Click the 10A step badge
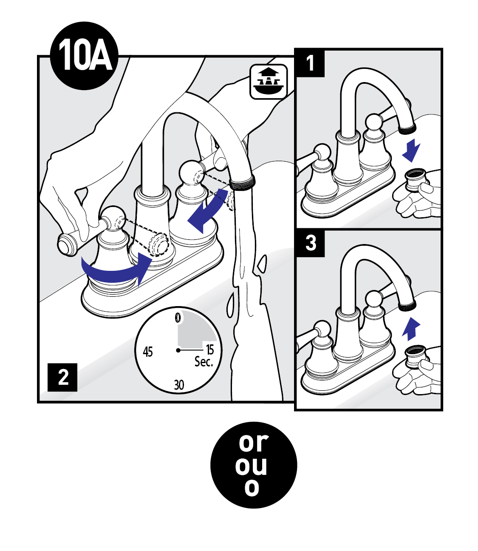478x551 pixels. coord(84,56)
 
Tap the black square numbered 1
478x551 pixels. coord(310,63)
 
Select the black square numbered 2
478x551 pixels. coord(62,377)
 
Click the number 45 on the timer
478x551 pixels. coord(148,352)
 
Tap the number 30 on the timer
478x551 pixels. coord(179,385)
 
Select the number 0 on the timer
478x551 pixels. coord(178,318)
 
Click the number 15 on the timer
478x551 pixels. coord(209,349)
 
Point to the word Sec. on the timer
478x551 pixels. coord(204,362)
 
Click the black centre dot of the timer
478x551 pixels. coord(178,350)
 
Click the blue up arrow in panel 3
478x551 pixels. coord(411,329)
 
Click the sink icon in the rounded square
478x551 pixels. coord(269,82)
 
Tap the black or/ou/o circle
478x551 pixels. coord(254,465)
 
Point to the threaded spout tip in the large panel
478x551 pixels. coord(242,182)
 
